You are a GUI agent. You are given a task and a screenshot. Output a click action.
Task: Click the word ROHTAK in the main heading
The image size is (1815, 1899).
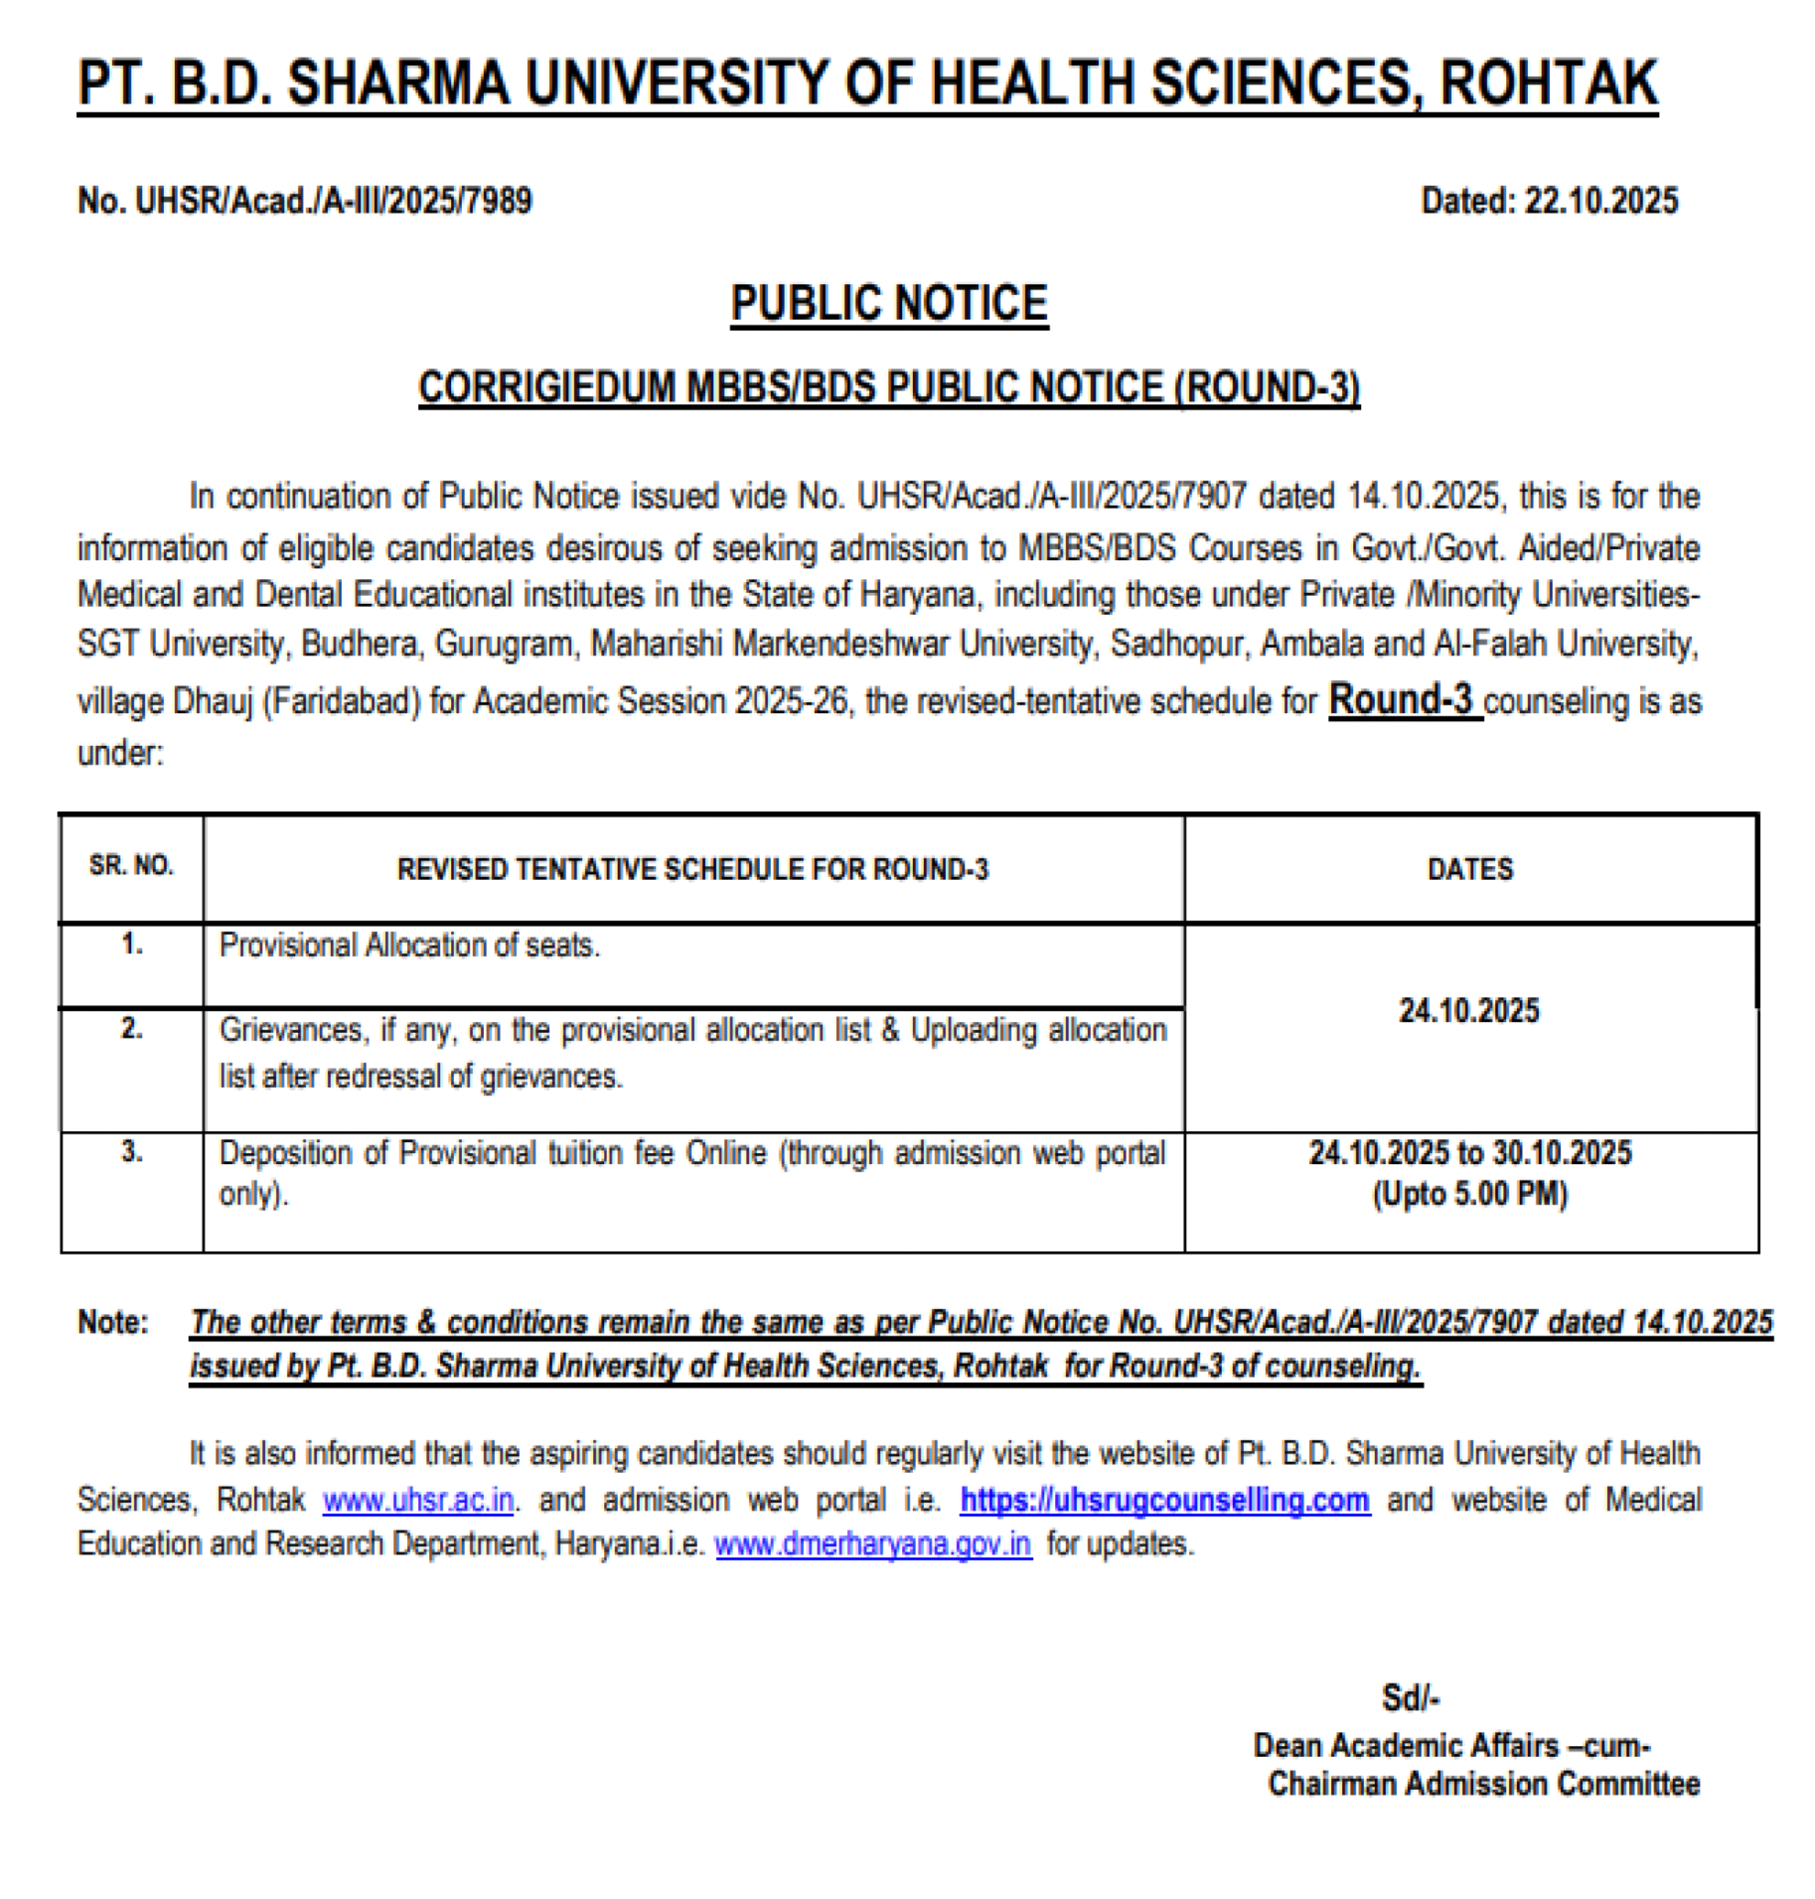coord(1548,83)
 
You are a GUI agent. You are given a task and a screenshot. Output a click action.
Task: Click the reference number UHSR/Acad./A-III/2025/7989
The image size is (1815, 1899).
coord(333,202)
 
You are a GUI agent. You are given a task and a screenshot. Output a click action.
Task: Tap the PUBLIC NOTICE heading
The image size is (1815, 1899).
coord(888,303)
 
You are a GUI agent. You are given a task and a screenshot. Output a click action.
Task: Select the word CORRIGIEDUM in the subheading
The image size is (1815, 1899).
coord(546,388)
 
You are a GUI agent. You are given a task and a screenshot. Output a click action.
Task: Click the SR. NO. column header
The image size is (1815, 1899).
coord(132,865)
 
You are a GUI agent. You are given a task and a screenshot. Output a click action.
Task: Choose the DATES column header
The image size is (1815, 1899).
coord(1469,869)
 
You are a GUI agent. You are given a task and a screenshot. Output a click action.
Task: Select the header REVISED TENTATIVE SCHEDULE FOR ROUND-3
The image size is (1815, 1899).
coord(693,869)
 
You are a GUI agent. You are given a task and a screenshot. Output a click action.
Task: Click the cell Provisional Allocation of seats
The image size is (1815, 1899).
coord(409,945)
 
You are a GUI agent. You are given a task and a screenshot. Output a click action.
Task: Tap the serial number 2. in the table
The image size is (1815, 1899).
coord(132,1028)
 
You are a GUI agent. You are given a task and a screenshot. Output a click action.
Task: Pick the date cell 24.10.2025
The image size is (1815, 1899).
coord(1468,1011)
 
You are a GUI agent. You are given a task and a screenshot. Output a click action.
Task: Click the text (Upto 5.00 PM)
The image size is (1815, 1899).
coord(1469,1195)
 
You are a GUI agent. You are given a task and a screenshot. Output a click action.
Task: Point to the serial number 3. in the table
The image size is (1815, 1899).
coord(132,1151)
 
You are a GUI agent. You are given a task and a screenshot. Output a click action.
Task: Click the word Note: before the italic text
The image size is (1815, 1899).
coord(113,1322)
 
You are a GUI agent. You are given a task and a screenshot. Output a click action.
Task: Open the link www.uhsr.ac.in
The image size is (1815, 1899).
coord(418,1499)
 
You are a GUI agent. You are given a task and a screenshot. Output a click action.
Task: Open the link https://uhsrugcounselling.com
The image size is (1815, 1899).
coord(1165,1499)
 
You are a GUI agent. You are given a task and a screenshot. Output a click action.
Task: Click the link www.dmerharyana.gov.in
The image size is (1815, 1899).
coord(873,1544)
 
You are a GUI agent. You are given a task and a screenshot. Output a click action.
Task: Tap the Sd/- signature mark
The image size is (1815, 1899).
coord(1410,1697)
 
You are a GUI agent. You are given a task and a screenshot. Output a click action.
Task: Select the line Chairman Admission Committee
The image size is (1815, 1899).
coord(1483,1783)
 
